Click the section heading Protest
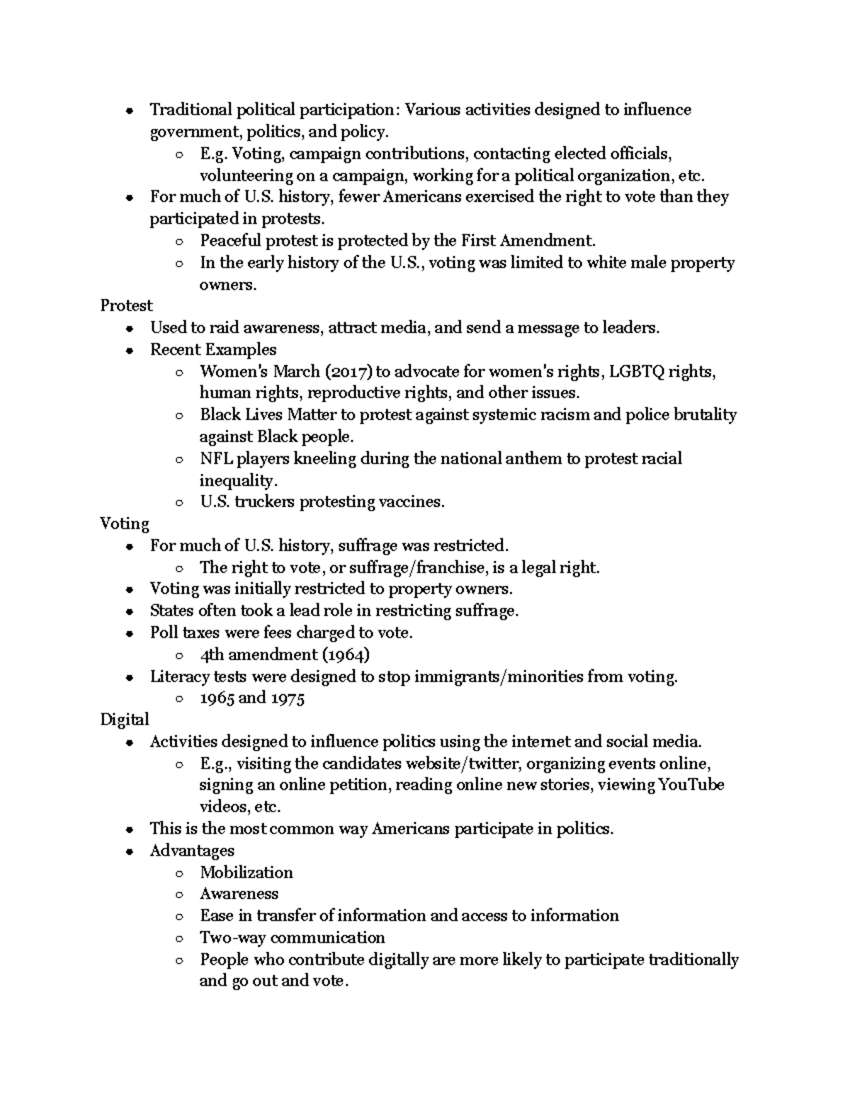pos(126,305)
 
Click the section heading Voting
pos(125,524)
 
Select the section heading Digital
pos(125,720)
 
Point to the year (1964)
pos(346,654)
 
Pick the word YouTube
pos(691,785)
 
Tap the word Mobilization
pos(246,873)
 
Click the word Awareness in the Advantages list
pos(239,894)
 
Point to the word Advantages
pos(192,851)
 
